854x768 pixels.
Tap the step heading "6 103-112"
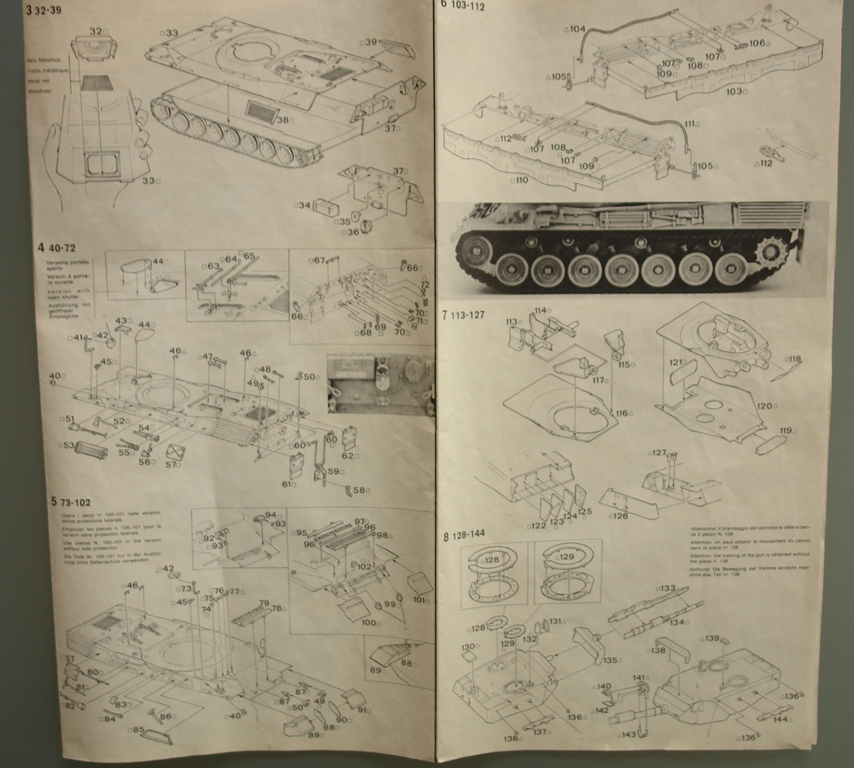click(463, 6)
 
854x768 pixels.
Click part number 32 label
click(97, 31)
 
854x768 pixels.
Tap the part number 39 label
click(370, 42)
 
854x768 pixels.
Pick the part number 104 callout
click(577, 29)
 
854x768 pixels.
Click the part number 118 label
click(794, 359)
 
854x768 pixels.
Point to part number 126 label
click(619, 516)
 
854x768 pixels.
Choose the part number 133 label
click(667, 589)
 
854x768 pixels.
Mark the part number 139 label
click(712, 638)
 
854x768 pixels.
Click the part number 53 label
click(69, 446)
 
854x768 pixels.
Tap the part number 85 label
click(137, 730)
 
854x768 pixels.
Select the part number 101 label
click(421, 600)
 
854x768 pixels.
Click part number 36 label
click(353, 232)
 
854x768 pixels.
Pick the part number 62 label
click(347, 456)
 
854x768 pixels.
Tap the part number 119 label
click(785, 430)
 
